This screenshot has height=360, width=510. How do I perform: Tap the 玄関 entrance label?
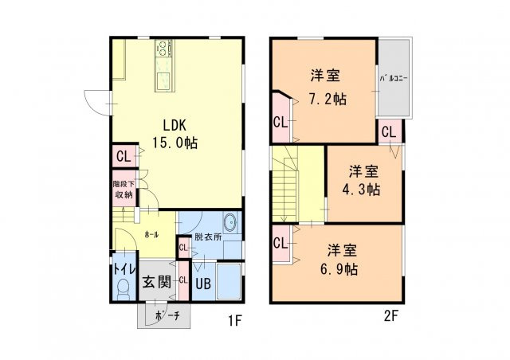(157, 281)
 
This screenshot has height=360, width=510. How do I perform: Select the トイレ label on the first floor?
(123, 268)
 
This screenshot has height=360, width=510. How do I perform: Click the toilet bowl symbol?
(123, 292)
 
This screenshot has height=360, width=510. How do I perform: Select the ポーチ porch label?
(166, 316)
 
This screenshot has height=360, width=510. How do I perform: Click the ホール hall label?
(151, 235)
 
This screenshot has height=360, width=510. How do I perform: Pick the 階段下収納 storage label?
(124, 189)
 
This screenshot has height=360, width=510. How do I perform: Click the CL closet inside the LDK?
(123, 156)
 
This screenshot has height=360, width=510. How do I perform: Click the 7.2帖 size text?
(328, 100)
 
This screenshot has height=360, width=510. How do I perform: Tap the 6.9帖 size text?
(339, 268)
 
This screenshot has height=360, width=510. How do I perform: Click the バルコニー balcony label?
(393, 79)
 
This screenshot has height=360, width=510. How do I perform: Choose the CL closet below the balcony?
(390, 131)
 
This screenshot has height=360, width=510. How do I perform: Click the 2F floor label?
(390, 315)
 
